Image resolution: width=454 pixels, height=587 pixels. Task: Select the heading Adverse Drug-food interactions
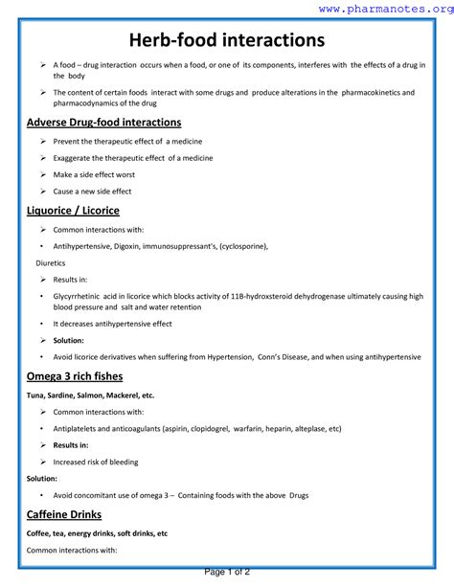click(x=103, y=123)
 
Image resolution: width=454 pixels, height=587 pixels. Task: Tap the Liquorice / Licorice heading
click(x=73, y=210)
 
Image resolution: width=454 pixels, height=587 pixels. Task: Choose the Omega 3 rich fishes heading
click(x=80, y=375)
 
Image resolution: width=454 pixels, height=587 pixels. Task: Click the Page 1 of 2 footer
click(x=227, y=572)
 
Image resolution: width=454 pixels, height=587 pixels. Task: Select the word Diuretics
click(x=52, y=261)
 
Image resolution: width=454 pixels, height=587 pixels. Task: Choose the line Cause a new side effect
click(x=92, y=192)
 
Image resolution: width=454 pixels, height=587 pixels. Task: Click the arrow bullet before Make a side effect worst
click(x=43, y=175)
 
